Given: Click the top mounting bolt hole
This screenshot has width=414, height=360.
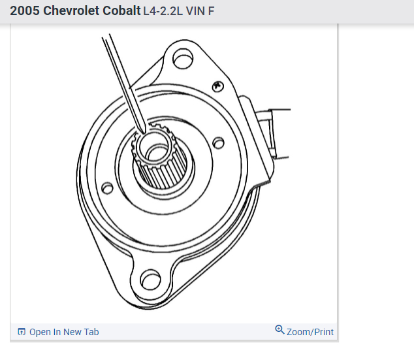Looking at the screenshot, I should pyautogui.click(x=183, y=59).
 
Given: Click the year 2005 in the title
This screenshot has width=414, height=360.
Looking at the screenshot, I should pyautogui.click(x=25, y=12).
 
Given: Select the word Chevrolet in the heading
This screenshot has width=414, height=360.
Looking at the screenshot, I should pyautogui.click(x=72, y=12).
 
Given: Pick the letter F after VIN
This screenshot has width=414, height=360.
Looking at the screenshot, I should pyautogui.click(x=211, y=12).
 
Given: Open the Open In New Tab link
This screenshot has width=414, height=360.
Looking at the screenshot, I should pyautogui.click(x=64, y=332).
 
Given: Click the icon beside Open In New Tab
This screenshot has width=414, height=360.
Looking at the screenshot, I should pyautogui.click(x=22, y=332).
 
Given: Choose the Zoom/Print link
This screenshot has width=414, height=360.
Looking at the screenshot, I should pyautogui.click(x=310, y=332).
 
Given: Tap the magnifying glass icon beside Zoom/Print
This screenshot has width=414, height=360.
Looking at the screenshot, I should pyautogui.click(x=279, y=330).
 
